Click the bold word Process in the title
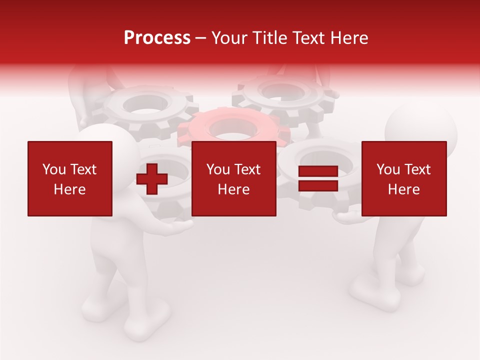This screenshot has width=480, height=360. [x=157, y=38]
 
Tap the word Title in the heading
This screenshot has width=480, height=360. [x=268, y=38]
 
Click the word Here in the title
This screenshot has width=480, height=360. [x=349, y=38]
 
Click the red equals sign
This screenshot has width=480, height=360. [x=318, y=179]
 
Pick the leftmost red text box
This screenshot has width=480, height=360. [x=70, y=178]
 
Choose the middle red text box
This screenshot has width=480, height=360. [x=234, y=178]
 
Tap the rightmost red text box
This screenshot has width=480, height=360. [x=404, y=178]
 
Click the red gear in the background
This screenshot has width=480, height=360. [x=233, y=127]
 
